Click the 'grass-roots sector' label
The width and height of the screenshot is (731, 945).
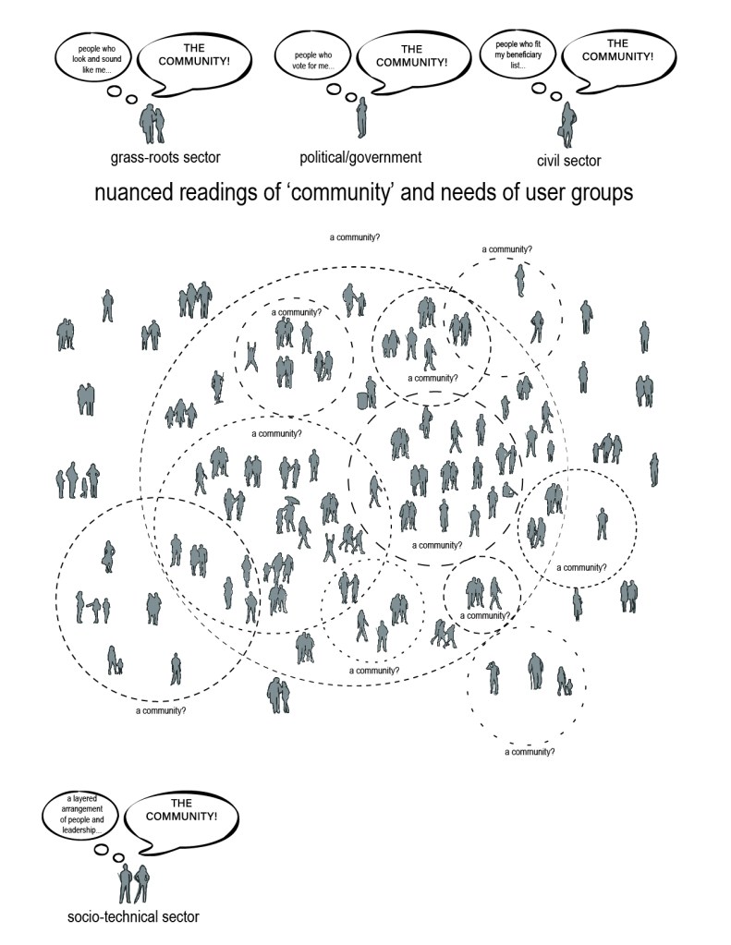(x=165, y=157)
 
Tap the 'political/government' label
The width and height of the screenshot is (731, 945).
(x=360, y=157)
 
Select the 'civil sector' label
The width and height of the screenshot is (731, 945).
(x=568, y=161)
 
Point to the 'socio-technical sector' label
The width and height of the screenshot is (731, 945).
(x=133, y=917)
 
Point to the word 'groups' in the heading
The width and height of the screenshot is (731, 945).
(x=604, y=194)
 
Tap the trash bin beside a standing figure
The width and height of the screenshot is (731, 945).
(x=362, y=399)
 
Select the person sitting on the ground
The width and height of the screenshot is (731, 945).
(x=507, y=491)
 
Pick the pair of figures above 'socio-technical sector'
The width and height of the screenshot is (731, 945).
(x=133, y=882)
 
